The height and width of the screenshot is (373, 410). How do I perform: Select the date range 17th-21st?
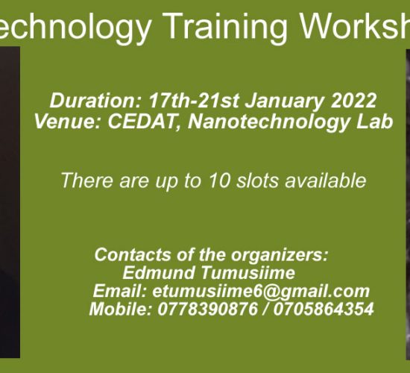pos(194,101)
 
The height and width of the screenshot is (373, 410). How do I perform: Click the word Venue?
pos(68,122)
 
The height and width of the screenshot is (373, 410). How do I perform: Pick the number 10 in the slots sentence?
pos(220,181)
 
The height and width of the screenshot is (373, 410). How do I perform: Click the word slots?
pos(257,181)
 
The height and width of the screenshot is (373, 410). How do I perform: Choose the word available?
pos(325,181)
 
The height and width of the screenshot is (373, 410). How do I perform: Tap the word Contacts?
pos(132,254)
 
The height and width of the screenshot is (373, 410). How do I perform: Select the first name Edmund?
pos(159,273)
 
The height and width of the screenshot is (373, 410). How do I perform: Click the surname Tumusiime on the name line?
pos(248,273)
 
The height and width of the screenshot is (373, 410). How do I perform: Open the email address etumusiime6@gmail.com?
pos(261,292)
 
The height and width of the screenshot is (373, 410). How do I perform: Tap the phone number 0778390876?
pos(208,309)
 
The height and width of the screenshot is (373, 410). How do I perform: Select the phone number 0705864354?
pos(324,309)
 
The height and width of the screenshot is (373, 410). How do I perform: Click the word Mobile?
pos(121,309)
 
